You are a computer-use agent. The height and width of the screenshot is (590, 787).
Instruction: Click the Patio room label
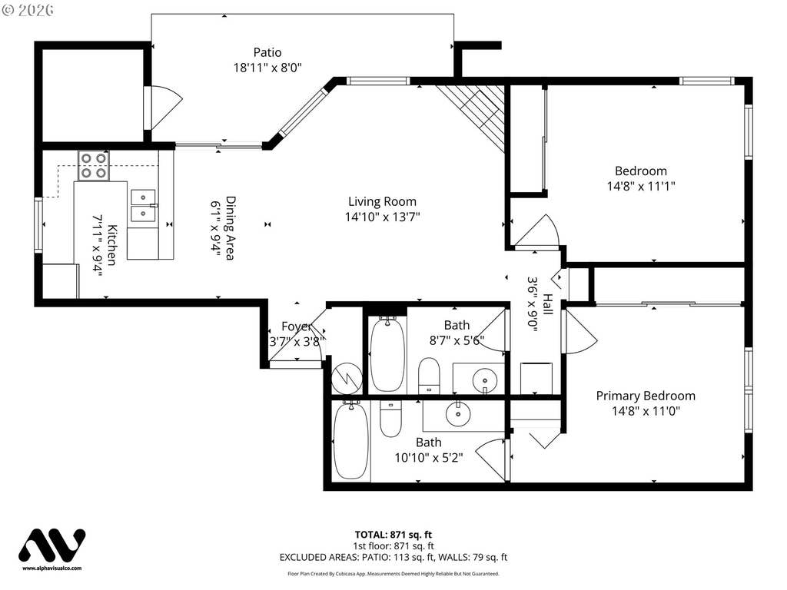tap(267, 52)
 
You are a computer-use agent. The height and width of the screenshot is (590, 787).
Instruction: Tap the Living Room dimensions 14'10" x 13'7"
tap(382, 217)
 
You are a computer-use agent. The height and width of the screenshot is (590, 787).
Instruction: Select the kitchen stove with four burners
tap(93, 166)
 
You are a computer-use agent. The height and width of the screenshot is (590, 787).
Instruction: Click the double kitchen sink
tap(143, 206)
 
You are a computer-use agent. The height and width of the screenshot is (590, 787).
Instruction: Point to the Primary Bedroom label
tap(646, 396)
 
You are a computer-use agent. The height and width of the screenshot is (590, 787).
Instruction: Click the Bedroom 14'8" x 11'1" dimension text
tap(640, 186)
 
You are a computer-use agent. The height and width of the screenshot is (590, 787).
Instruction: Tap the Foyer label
tap(297, 326)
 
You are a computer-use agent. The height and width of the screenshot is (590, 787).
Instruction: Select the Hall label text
tap(547, 304)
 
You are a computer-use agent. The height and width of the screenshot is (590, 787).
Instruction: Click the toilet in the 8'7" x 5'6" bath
tap(429, 375)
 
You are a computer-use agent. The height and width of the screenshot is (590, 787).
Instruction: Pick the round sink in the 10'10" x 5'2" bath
tap(458, 413)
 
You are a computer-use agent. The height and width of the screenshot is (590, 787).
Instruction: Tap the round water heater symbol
tap(347, 379)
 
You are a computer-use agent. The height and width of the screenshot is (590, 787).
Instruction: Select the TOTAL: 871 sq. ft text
tap(393, 535)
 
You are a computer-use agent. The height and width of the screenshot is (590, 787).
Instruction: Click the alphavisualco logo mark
tap(51, 545)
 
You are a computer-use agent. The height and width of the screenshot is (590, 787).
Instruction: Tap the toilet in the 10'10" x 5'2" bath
tap(390, 419)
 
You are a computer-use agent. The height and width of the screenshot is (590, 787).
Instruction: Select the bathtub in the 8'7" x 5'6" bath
tap(387, 354)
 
